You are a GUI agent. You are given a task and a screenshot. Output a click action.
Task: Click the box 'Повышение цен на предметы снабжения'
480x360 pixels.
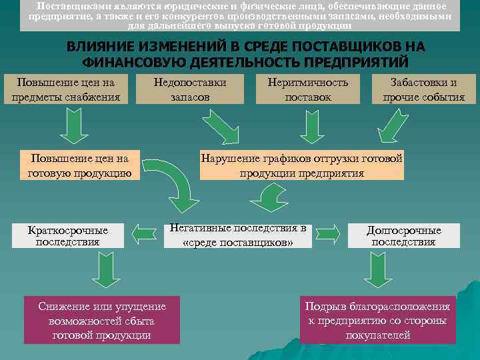tap(66, 90)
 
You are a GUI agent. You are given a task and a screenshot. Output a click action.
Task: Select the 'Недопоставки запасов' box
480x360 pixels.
tap(189, 90)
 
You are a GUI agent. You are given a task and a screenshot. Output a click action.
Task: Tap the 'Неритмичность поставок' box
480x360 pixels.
tap(308, 90)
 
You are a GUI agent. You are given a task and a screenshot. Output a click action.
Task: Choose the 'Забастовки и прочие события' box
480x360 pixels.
tap(423, 90)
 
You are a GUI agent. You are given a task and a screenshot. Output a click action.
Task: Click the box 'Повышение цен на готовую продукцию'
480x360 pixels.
tap(79, 165)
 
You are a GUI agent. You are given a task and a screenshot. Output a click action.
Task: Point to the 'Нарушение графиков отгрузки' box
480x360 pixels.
tap(302, 165)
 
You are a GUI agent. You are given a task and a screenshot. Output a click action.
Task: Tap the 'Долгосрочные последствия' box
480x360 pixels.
tap(403, 235)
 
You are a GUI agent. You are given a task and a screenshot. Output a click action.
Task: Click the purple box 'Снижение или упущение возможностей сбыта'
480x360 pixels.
tap(102, 319)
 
